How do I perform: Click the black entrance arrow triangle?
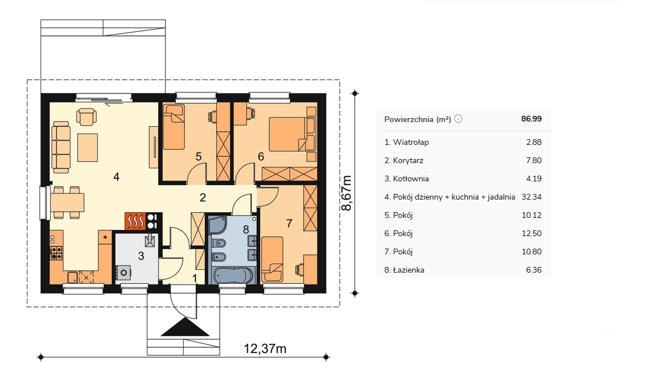(x=185, y=327)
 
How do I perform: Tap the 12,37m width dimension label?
(x=265, y=348)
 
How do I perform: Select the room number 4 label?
(x=116, y=177)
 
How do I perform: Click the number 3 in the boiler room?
(x=141, y=256)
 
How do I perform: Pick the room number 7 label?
(x=289, y=223)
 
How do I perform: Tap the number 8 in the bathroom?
(x=246, y=229)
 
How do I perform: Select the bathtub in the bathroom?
(x=233, y=274)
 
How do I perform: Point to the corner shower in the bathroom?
(x=217, y=225)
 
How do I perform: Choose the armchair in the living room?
(x=87, y=116)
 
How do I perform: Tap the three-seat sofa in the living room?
(x=61, y=147)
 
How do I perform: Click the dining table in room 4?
(x=67, y=202)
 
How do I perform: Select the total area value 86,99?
(x=531, y=119)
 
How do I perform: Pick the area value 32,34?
(x=531, y=197)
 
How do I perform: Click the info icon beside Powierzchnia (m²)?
(x=458, y=119)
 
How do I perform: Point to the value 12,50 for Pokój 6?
(x=531, y=233)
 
